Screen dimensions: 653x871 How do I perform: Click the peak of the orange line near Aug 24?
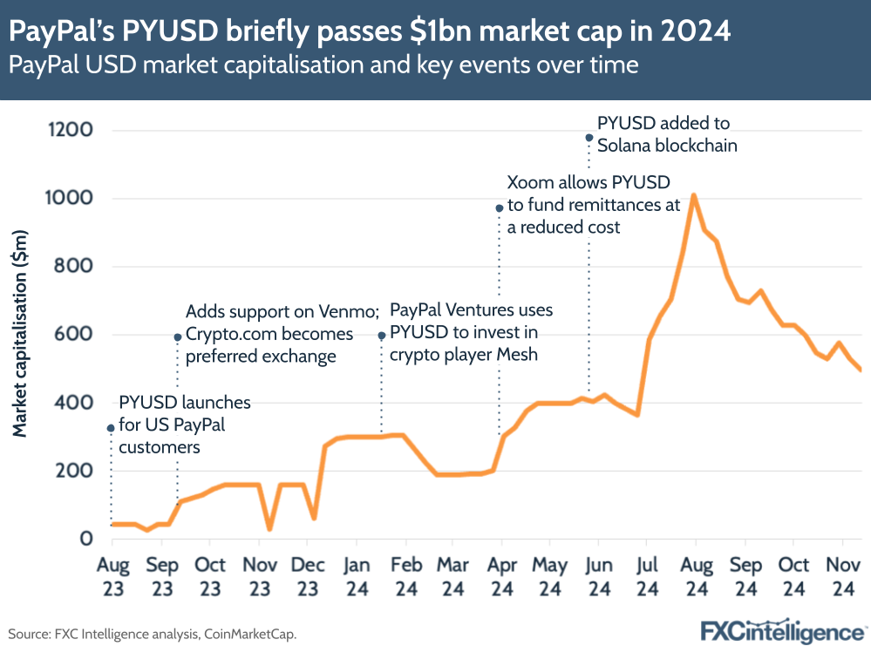693,195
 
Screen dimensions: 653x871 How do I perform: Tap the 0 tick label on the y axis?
86,539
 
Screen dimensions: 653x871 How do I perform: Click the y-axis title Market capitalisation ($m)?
21,333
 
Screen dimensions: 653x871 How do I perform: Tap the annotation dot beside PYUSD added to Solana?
589,137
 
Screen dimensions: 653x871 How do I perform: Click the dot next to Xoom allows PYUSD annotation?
500,208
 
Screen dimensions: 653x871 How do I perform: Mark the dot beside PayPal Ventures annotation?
381,336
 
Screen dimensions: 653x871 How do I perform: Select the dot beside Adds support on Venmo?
178,337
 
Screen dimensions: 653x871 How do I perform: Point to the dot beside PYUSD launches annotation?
111,428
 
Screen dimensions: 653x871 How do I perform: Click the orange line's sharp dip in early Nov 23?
269,528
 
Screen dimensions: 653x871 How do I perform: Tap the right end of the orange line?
861,371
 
